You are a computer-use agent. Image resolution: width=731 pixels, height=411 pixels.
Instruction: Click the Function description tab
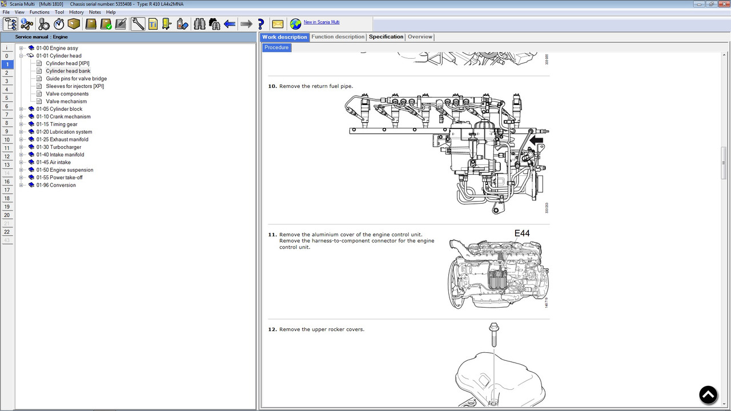(x=338, y=37)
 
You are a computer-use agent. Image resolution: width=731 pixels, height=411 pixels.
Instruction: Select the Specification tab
(x=385, y=37)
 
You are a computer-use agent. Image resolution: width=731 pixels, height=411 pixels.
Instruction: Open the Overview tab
(x=420, y=37)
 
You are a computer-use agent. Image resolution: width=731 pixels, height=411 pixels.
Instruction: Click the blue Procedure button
(x=276, y=47)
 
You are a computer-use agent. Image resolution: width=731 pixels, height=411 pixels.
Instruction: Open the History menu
(x=76, y=12)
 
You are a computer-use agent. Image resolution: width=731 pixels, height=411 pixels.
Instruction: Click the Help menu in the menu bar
(x=111, y=12)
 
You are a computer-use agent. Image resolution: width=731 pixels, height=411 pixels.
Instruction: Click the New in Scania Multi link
(x=321, y=22)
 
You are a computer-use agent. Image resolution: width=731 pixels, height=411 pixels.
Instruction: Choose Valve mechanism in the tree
(x=66, y=102)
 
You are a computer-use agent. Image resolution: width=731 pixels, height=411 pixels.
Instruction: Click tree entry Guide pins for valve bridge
(x=76, y=79)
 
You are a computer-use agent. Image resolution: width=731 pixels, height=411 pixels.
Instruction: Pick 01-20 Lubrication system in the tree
(x=64, y=132)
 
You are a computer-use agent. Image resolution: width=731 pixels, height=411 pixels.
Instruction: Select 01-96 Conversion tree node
(x=56, y=185)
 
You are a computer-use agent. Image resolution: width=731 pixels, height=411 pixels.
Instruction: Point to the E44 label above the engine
(x=522, y=233)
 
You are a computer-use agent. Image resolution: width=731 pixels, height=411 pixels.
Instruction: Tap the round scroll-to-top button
(x=708, y=395)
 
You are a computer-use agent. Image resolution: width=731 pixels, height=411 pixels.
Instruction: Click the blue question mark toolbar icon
(x=261, y=24)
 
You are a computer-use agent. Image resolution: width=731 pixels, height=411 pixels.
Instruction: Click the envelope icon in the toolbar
(x=278, y=24)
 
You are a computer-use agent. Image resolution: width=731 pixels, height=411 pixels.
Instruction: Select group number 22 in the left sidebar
(x=7, y=232)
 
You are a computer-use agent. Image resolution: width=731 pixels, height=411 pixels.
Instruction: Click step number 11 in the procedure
(x=272, y=235)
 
